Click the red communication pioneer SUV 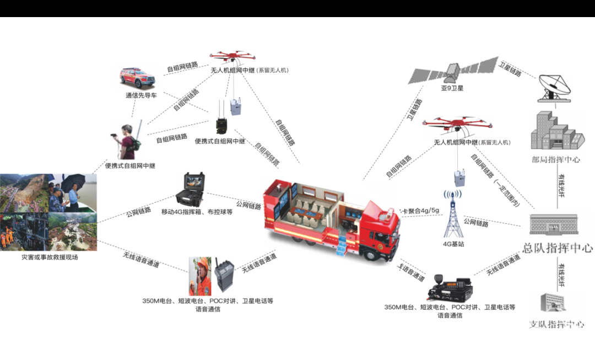[138, 78]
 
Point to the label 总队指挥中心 [557, 248]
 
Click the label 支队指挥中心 [556, 324]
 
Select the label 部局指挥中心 [555, 160]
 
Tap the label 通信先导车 [140, 95]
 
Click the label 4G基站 [453, 244]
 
